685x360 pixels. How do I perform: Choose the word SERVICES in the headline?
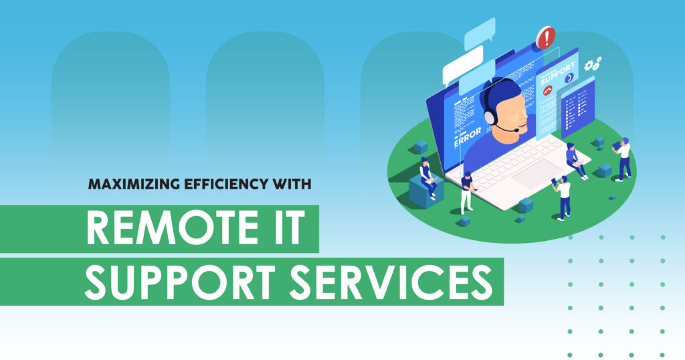(x=391, y=282)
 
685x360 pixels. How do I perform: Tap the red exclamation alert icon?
(x=546, y=37)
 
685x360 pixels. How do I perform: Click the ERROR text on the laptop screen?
(x=468, y=137)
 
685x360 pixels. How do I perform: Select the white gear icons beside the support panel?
(x=593, y=64)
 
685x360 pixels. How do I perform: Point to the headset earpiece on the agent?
(x=490, y=116)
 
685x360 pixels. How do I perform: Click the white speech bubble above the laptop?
(x=463, y=66)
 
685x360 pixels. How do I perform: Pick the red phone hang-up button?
(x=547, y=90)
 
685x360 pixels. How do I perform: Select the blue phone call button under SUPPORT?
(x=569, y=78)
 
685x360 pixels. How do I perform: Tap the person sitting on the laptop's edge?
(x=575, y=161)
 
